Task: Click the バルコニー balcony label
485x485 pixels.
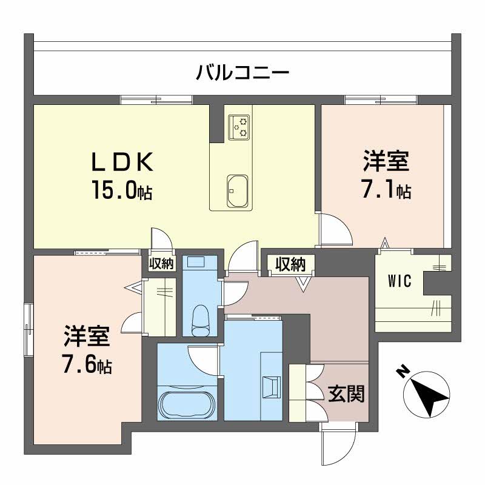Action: (x=242, y=74)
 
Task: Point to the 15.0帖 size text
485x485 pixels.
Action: (x=122, y=193)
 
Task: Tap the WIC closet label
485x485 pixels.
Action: (x=400, y=281)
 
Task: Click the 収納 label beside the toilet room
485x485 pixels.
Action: (x=162, y=263)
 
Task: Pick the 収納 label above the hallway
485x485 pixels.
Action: (x=292, y=264)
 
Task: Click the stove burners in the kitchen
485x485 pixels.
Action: (x=239, y=126)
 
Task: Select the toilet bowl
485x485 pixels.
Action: (x=199, y=318)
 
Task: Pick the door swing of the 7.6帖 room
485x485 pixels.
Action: (x=133, y=325)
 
